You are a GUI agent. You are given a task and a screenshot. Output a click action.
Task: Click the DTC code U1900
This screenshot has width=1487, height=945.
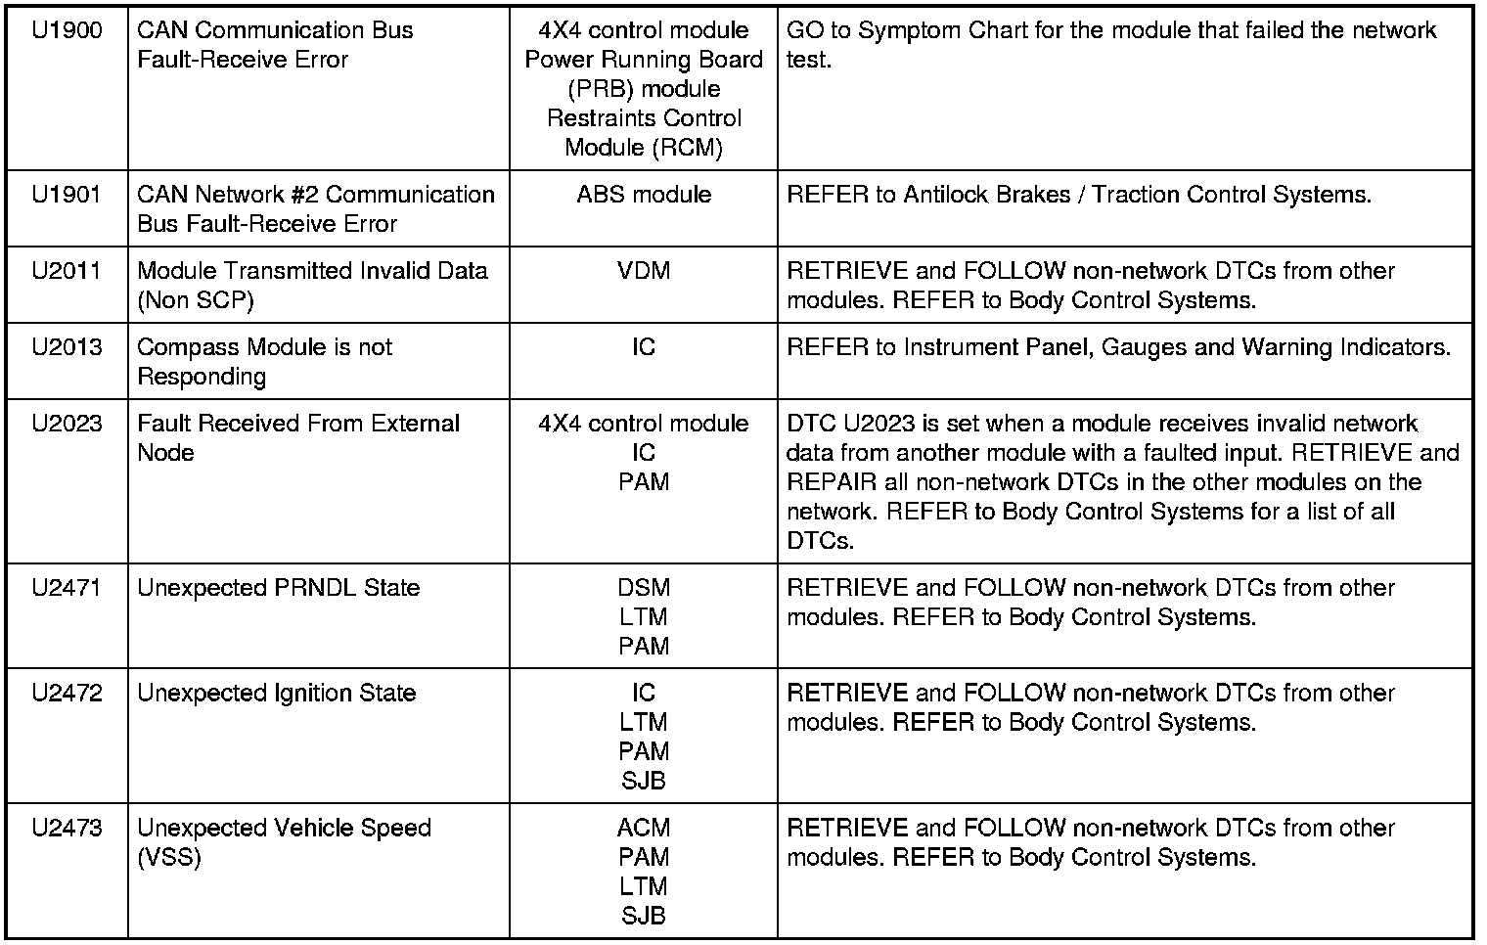coord(67,30)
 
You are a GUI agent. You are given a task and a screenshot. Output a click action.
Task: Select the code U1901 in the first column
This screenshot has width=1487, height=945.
coord(67,195)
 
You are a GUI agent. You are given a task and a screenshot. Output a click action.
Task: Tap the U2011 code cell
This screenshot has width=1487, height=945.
coord(67,271)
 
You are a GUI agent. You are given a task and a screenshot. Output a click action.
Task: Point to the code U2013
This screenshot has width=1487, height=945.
coord(67,347)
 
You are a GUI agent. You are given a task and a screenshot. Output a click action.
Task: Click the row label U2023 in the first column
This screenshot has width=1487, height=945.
coord(67,424)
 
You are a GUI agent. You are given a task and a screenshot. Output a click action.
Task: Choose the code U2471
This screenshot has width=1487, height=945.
coord(67,588)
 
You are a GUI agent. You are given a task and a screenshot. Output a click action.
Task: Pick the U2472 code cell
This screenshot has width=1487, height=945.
coord(67,694)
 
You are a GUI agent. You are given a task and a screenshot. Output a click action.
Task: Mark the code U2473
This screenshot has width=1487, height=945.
coord(67,829)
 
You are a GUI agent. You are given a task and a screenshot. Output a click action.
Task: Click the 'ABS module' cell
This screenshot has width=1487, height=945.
coord(644,195)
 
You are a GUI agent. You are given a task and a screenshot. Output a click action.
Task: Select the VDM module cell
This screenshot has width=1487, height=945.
coord(644,271)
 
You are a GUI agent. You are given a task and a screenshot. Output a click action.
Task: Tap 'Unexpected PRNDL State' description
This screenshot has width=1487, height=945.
coord(279,588)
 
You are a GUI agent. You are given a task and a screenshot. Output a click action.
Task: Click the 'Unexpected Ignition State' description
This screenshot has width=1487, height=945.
coord(277,694)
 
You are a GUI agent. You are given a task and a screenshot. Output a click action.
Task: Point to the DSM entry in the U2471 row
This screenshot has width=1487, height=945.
coord(644,588)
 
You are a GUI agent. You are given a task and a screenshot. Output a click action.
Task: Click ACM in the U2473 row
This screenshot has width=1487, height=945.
coord(644,829)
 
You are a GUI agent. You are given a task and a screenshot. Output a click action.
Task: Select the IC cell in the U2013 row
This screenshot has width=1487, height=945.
coord(644,347)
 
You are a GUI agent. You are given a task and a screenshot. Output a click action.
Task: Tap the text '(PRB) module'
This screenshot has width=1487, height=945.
coord(644,89)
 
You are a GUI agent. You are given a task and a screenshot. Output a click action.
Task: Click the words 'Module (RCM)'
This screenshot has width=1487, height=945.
coord(644,148)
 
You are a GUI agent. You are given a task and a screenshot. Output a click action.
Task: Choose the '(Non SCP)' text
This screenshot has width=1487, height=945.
coord(196,300)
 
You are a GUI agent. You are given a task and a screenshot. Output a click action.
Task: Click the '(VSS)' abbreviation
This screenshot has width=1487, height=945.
coord(169,858)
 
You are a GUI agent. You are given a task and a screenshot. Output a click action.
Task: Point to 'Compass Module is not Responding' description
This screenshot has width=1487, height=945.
coord(264,362)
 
